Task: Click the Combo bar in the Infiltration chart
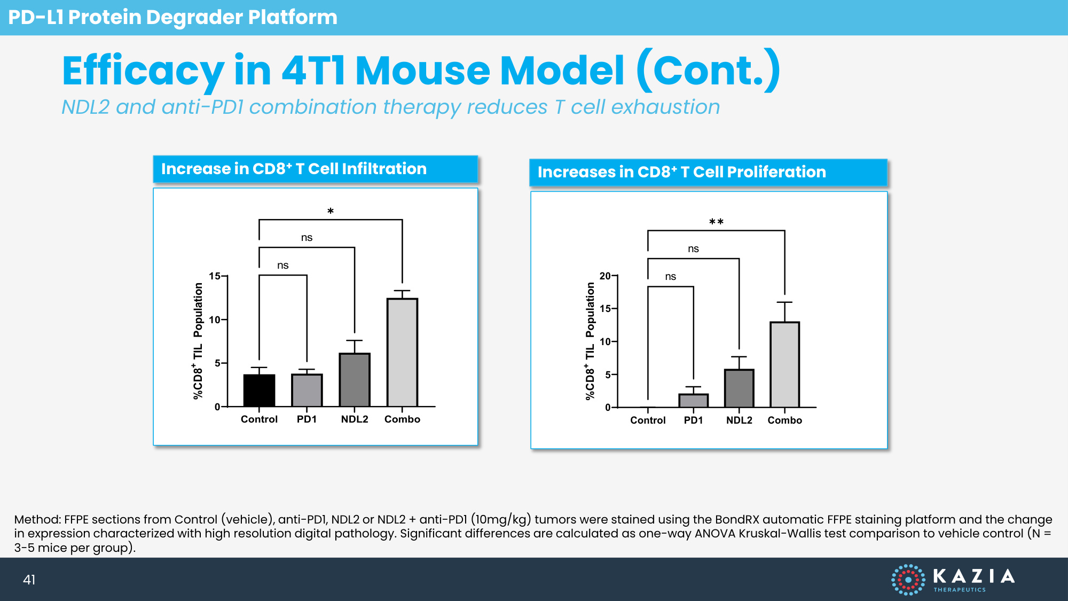(x=402, y=353)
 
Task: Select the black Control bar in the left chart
(x=259, y=391)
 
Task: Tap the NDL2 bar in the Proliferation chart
(x=739, y=388)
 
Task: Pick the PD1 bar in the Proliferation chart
(x=693, y=401)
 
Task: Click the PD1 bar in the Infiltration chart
(x=307, y=391)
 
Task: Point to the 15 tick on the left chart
(x=215, y=276)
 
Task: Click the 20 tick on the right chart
(x=605, y=276)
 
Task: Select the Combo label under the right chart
(x=784, y=420)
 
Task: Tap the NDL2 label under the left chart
(x=355, y=419)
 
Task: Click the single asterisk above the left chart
(x=331, y=212)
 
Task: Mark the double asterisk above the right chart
(x=716, y=222)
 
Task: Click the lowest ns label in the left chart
(x=282, y=266)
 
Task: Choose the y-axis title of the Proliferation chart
(x=590, y=341)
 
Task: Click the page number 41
(x=29, y=580)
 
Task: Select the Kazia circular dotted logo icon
(x=908, y=579)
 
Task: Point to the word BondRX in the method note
(x=737, y=519)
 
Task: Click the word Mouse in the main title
(x=422, y=71)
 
